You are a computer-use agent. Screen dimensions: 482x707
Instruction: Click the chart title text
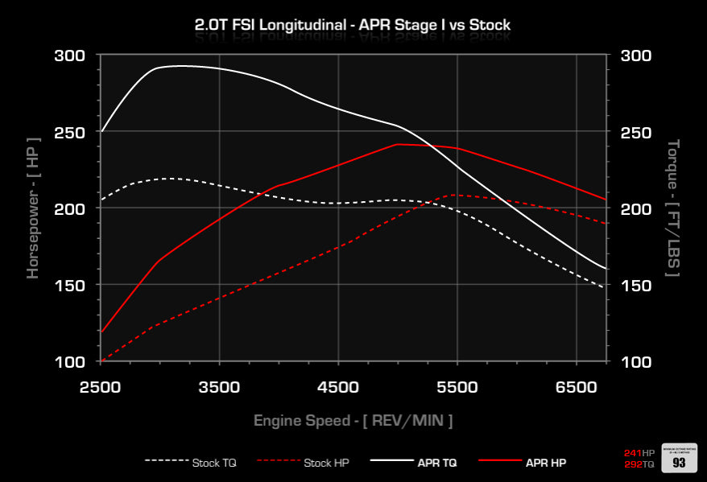353,25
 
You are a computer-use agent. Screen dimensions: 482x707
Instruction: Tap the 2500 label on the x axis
100,387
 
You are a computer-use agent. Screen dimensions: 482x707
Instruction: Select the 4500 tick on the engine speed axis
338,387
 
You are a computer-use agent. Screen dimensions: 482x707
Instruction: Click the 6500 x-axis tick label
577,387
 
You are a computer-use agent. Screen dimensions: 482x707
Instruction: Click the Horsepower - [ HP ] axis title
32,208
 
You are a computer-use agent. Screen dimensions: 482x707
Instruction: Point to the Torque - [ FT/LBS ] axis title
673,208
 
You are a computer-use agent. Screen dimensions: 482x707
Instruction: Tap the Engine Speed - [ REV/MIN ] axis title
353,420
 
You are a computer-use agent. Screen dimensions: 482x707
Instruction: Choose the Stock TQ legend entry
191,463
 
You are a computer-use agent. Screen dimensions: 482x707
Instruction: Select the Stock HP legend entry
304,463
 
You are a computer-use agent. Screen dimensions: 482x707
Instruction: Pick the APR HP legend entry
523,463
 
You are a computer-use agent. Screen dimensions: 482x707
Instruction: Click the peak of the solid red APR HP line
399,144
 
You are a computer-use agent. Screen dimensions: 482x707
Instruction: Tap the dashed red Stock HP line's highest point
455,195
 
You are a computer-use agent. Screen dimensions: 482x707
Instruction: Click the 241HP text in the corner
639,453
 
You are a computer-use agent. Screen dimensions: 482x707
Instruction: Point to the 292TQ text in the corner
639,464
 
